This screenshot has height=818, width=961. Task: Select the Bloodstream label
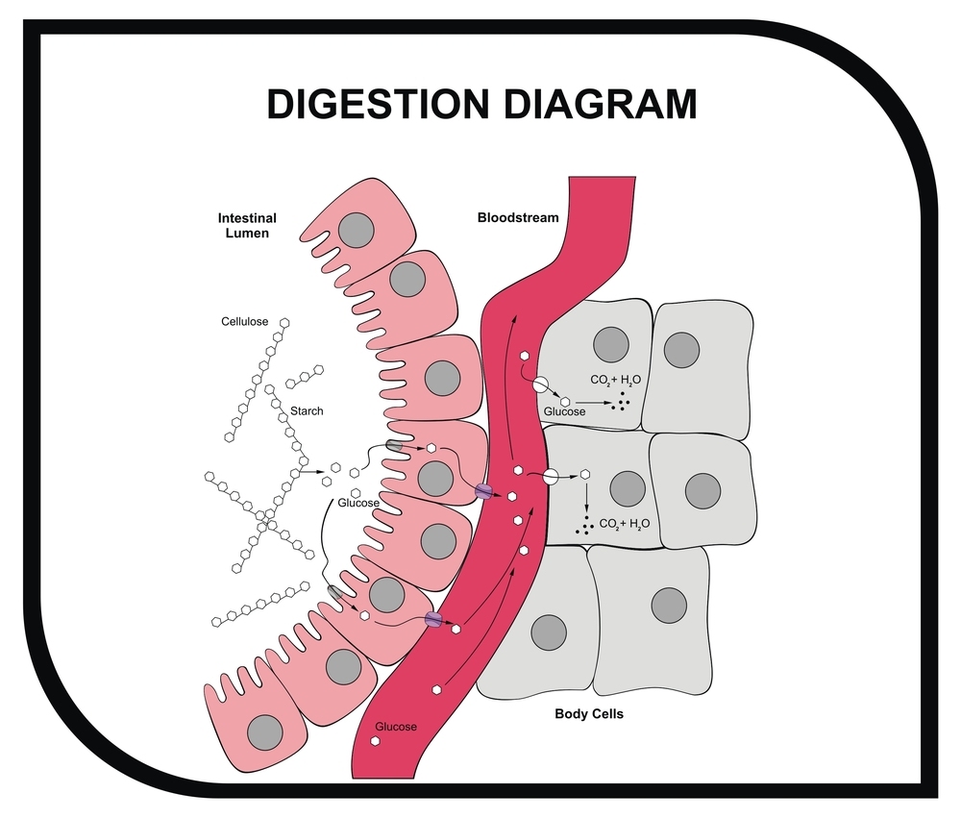pos(518,218)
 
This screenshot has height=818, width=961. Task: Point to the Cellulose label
pos(243,322)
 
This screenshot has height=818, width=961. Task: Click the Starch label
pos(307,410)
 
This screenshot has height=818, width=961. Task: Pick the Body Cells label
pos(589,714)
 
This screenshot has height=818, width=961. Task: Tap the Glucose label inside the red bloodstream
pos(396,727)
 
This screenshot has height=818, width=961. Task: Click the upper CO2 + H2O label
pos(616,381)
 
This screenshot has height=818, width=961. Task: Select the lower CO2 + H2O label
pos(625,524)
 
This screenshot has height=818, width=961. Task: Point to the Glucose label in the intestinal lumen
pos(358,503)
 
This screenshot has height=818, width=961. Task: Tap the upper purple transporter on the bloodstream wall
pos(483,491)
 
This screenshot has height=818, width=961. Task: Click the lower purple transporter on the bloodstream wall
pos(433,619)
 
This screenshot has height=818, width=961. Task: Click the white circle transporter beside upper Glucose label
pos(541,384)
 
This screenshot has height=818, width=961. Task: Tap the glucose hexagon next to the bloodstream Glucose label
pos(376,742)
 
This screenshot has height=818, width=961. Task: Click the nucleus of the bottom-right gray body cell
pos(668,606)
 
